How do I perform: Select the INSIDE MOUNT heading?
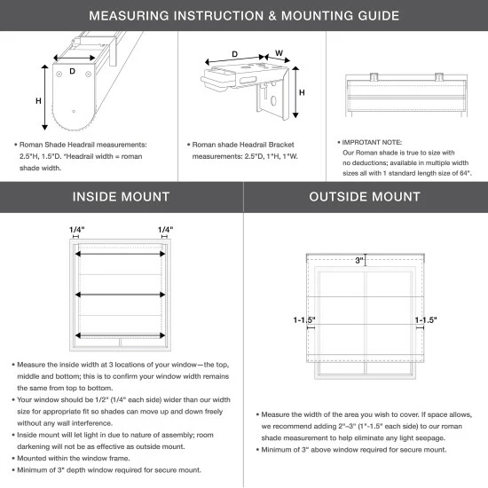point(122,196)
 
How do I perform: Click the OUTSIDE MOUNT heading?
point(366,196)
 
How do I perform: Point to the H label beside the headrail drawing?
point(38,101)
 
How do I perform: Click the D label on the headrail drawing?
point(73,69)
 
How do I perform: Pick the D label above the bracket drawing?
point(234,55)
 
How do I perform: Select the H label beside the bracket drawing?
point(302,92)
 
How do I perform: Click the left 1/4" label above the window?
point(77,230)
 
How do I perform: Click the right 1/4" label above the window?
point(165,230)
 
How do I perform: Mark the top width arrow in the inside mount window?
point(121,253)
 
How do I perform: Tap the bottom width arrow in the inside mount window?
point(121,335)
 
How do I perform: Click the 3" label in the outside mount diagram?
point(359,261)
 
